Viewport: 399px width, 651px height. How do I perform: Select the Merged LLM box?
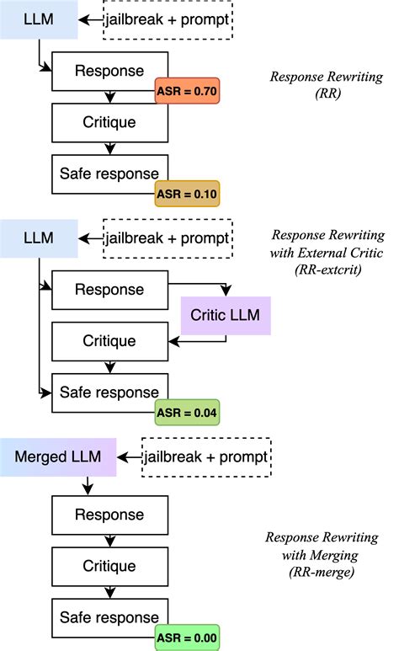58,457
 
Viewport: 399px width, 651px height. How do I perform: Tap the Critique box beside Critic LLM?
109,341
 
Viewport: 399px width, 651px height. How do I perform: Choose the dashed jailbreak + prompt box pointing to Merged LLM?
206,457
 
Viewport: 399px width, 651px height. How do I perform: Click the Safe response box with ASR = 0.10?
109,173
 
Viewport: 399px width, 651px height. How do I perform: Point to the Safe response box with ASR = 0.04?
109,392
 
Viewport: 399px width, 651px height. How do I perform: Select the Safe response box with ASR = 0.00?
109,618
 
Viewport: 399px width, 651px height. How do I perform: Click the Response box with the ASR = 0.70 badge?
109,72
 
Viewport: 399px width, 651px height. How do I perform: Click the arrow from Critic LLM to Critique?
199,341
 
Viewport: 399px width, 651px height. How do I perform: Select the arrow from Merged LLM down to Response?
87,486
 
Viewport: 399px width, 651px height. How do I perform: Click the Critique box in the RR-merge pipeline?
109,565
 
